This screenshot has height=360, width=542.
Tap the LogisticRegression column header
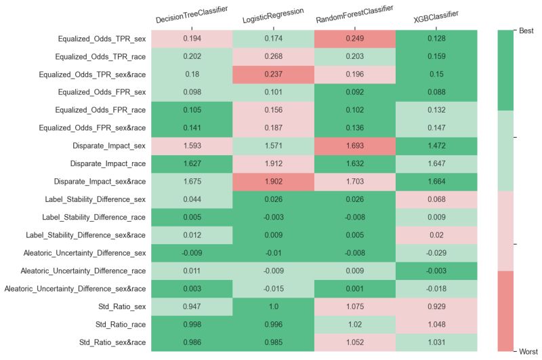273,16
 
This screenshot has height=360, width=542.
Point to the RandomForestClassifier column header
354,15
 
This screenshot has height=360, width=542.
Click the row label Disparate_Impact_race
108,163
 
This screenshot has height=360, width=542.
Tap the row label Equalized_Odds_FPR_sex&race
98,128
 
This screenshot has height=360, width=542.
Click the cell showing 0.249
354,39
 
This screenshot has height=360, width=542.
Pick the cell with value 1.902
273,181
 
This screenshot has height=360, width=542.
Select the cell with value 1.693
354,146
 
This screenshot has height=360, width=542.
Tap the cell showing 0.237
273,75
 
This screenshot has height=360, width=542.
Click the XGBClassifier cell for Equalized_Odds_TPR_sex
436,39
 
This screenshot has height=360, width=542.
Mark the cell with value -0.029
436,252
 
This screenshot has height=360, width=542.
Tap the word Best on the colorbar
527,31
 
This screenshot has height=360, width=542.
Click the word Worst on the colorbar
528,351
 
